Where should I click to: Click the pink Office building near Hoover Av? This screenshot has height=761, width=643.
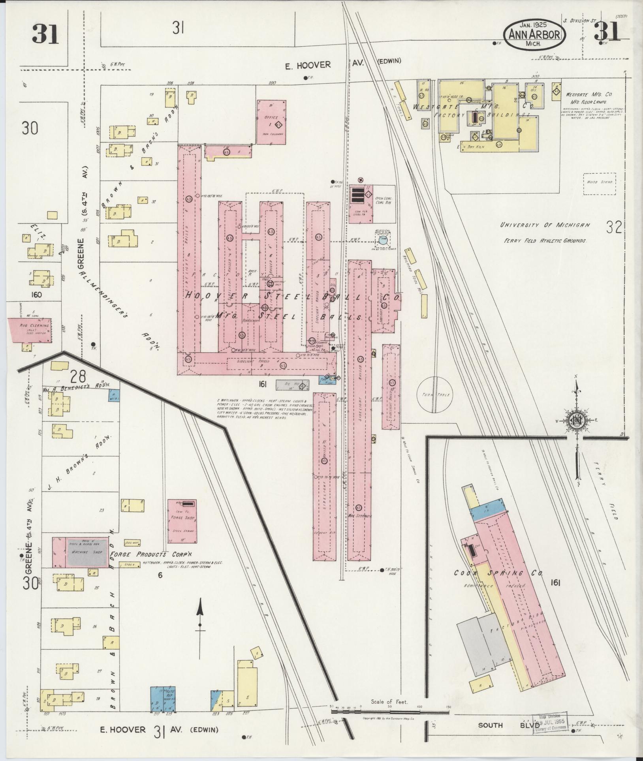pos(271,122)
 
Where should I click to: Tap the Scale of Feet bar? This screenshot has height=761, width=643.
pos(389,711)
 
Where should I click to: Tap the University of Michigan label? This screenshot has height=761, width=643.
pos(545,225)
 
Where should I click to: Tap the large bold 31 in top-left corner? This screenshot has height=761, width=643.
pos(45,35)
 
